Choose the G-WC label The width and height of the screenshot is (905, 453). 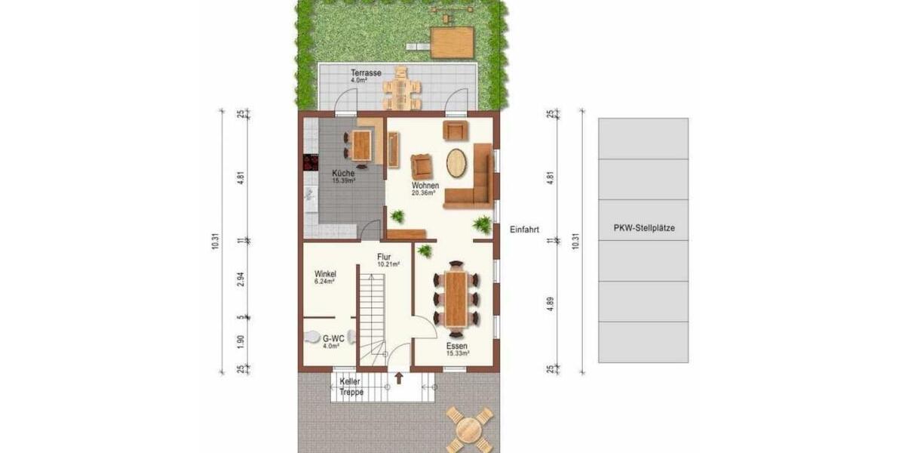(333, 340)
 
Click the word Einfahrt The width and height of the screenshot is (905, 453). (524, 230)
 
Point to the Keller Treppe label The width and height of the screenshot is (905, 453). (351, 387)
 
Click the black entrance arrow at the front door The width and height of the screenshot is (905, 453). (398, 377)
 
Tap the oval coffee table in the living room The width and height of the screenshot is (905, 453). (456, 163)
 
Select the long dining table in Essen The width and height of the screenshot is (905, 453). (456, 296)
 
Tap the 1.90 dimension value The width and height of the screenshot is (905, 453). (240, 343)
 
